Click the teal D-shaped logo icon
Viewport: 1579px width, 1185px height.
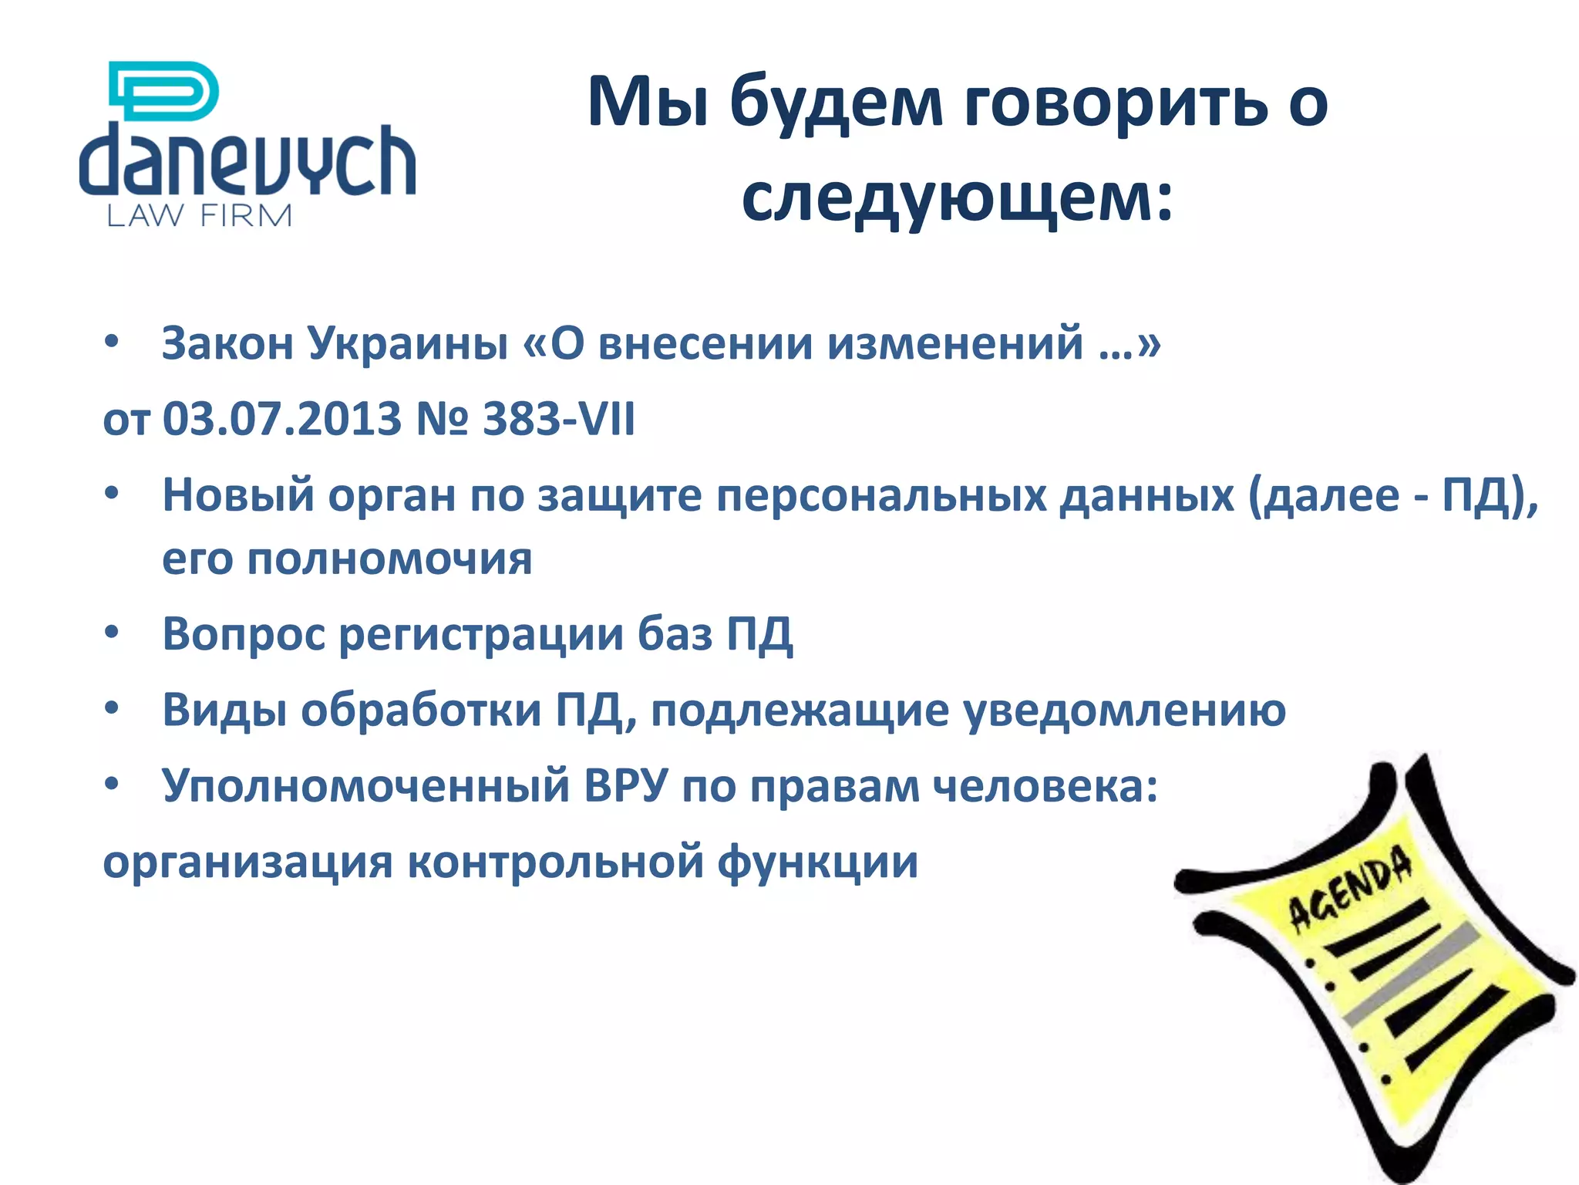pyautogui.click(x=164, y=91)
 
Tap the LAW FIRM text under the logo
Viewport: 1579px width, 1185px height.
pyautogui.click(x=199, y=216)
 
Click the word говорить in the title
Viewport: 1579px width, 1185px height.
pyautogui.click(x=1115, y=103)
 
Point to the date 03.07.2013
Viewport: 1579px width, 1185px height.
pyautogui.click(x=282, y=419)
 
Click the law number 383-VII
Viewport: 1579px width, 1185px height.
pyautogui.click(x=559, y=419)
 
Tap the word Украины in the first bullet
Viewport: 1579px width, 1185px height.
pyautogui.click(x=408, y=343)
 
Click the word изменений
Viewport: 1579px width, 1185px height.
pyautogui.click(x=955, y=343)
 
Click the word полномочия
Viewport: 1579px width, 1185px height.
pyautogui.click(x=389, y=559)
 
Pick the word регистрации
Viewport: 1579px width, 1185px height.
pyautogui.click(x=481, y=634)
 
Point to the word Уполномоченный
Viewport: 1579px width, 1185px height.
pyautogui.click(x=365, y=786)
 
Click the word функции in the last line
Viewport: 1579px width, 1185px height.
pyautogui.click(x=817, y=862)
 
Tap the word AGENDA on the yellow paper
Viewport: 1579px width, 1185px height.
pyautogui.click(x=1350, y=887)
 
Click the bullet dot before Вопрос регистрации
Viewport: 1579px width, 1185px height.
pyautogui.click(x=113, y=633)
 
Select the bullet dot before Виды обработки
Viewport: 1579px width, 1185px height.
pyautogui.click(x=113, y=708)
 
